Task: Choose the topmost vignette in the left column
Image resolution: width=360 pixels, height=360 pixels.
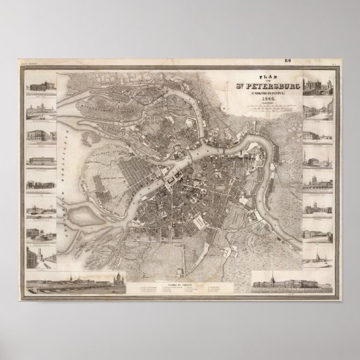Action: [41, 88]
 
